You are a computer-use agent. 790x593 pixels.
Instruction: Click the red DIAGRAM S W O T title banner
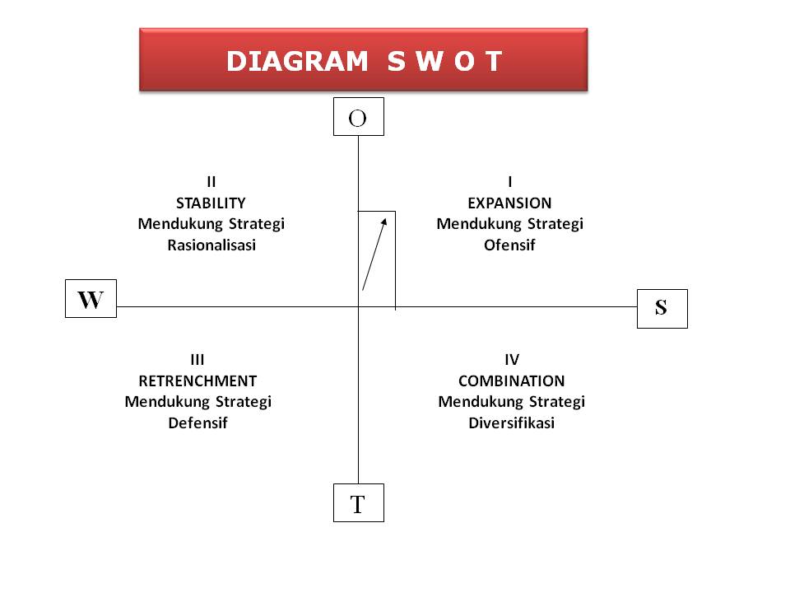pyautogui.click(x=363, y=59)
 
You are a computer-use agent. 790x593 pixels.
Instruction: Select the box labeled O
pyautogui.click(x=358, y=117)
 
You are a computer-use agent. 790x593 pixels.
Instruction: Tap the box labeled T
pyautogui.click(x=358, y=503)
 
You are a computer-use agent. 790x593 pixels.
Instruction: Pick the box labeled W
pyautogui.click(x=91, y=299)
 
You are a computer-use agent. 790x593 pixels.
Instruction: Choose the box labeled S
pyautogui.click(x=662, y=308)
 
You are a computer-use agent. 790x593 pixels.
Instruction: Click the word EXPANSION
pyautogui.click(x=509, y=203)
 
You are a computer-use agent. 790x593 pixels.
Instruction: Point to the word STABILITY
pyautogui.click(x=211, y=203)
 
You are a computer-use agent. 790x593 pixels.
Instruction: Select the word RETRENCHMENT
pyautogui.click(x=197, y=381)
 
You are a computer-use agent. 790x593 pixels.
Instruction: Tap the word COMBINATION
pyautogui.click(x=511, y=381)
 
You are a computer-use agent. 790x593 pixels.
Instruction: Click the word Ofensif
pyautogui.click(x=509, y=245)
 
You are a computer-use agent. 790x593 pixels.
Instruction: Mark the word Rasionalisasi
pyautogui.click(x=211, y=245)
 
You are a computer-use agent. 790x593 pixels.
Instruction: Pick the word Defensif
pyautogui.click(x=197, y=423)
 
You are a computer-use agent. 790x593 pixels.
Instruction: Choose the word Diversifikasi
pyautogui.click(x=511, y=423)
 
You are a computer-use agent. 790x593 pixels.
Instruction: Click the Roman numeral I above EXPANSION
pyautogui.click(x=510, y=181)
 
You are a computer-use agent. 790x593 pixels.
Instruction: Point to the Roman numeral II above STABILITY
pyautogui.click(x=211, y=181)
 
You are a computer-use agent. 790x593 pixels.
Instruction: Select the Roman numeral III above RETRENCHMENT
pyautogui.click(x=197, y=360)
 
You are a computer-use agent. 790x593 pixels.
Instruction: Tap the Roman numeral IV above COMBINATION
pyautogui.click(x=511, y=360)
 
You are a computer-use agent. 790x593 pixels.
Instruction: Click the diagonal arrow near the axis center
pyautogui.click(x=374, y=253)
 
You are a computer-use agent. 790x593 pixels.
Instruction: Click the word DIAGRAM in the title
pyautogui.click(x=297, y=62)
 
